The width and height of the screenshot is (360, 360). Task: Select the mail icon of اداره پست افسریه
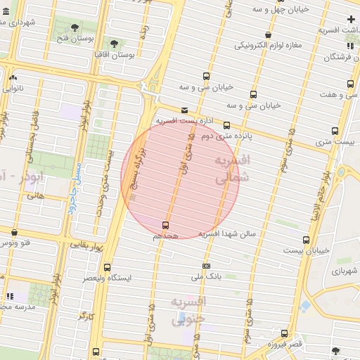(184, 110)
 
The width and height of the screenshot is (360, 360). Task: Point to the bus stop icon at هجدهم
(165, 225)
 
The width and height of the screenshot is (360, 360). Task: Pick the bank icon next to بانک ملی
(206, 266)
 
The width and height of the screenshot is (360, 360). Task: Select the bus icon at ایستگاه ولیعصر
(107, 267)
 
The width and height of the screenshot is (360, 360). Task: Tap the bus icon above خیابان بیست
(306, 240)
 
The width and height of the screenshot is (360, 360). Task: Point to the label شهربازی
(346, 271)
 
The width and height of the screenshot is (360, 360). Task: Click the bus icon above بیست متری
(334, 131)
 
